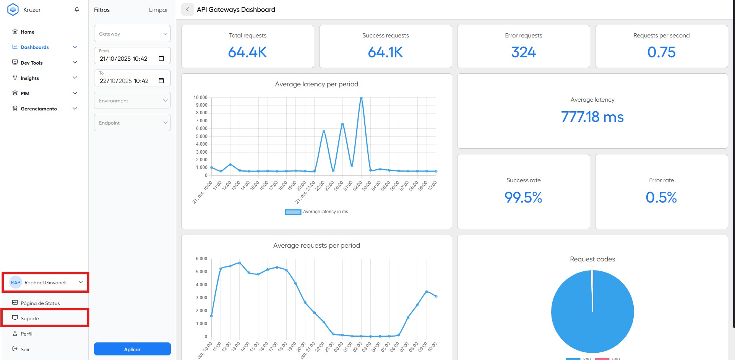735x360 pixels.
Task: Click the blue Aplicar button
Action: [132, 349]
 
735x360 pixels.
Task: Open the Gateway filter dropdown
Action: [132, 34]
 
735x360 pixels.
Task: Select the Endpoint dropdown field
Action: [132, 123]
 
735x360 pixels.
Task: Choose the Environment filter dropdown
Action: [132, 101]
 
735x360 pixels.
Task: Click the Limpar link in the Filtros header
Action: [158, 10]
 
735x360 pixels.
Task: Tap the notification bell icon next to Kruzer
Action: [77, 10]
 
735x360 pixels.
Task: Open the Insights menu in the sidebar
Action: [30, 78]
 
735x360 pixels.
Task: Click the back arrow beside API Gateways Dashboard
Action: [187, 10]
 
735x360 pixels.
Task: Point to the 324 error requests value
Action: [523, 52]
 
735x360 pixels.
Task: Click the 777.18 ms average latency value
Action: [592, 117]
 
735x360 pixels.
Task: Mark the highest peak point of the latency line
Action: [361, 98]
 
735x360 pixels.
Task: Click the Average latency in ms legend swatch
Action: [293, 212]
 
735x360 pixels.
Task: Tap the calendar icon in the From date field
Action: [161, 58]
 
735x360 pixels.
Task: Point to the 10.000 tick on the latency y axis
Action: [200, 97]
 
